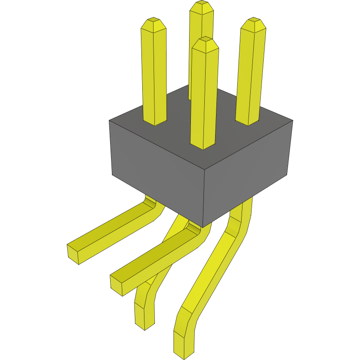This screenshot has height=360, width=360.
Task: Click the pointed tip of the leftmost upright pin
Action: tap(154, 22)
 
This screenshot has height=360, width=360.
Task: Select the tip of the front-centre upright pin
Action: tap(205, 41)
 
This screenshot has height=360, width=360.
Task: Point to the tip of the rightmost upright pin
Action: tap(253, 23)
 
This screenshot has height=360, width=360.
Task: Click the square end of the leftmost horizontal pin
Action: tap(73, 254)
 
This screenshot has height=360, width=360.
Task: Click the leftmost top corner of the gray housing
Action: tap(109, 121)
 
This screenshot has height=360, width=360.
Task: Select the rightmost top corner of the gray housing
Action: tap(293, 120)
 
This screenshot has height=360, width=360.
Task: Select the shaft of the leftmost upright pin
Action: tap(154, 74)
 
